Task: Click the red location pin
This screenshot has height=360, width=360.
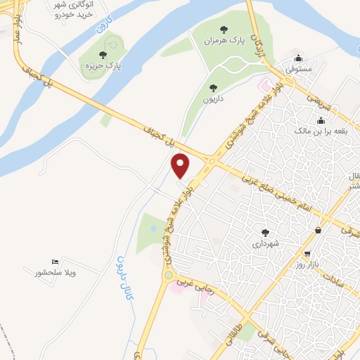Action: [181, 165]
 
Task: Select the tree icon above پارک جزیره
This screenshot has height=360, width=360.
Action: [103, 55]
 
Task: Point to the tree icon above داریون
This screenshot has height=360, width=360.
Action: [213, 89]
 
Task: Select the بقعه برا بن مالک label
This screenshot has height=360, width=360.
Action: [311, 131]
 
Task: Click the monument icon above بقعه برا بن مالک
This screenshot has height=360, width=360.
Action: [310, 119]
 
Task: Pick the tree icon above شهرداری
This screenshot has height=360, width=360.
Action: [265, 233]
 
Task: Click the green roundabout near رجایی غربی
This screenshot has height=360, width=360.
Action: [168, 274]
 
